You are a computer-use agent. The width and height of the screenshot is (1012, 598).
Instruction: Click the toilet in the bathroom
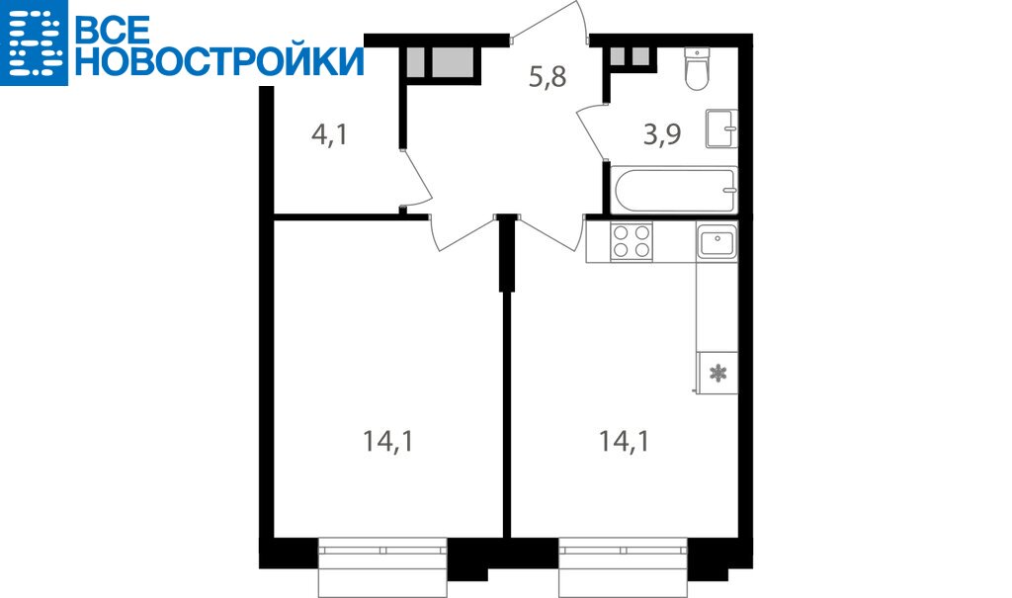tap(697, 68)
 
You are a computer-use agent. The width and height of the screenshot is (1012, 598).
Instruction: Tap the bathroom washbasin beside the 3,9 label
tap(721, 128)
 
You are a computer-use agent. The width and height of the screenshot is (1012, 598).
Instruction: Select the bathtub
tap(673, 190)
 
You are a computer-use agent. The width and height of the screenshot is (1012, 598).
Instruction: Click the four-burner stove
tap(632, 241)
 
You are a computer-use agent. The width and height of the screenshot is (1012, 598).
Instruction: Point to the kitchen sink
tap(717, 241)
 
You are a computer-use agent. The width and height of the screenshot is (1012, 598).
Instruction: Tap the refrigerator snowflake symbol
tap(717, 373)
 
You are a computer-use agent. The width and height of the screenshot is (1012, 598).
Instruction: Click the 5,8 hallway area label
tap(548, 77)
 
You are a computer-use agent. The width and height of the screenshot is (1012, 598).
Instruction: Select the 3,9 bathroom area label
tap(662, 134)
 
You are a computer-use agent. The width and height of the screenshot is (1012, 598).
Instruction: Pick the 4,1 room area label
tap(329, 135)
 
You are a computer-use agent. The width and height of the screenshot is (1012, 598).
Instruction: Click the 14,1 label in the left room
tap(387, 442)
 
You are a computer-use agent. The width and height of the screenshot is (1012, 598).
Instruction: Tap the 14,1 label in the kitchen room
tap(624, 442)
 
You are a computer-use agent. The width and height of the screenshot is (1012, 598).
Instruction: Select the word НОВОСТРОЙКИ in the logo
tap(219, 60)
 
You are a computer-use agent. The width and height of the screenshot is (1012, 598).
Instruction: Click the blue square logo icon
tap(34, 43)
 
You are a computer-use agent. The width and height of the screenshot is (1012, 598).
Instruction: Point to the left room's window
tap(382, 566)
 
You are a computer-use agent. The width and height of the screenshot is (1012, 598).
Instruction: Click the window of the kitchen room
tap(623, 566)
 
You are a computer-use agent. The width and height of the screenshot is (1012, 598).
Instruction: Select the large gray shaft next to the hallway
tap(457, 62)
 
